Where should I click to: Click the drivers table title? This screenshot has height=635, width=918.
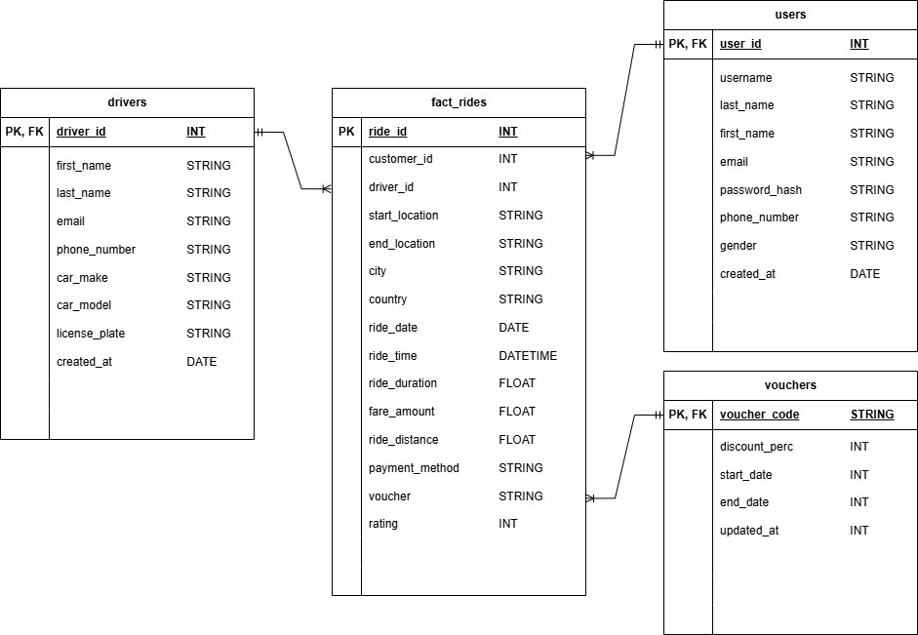[x=127, y=102]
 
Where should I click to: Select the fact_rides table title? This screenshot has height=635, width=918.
[x=459, y=102]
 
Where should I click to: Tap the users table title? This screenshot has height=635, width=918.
[x=790, y=15]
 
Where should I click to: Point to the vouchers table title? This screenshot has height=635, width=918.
[x=790, y=385]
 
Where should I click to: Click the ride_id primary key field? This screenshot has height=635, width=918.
[x=388, y=132]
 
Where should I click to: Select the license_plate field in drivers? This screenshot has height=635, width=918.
[x=91, y=334]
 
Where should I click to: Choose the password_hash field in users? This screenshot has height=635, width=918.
[x=761, y=190]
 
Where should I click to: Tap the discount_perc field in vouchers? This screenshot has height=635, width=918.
[x=756, y=447]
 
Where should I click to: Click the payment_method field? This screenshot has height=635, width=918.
[x=414, y=468]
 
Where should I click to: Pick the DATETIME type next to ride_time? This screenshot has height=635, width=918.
[x=528, y=356]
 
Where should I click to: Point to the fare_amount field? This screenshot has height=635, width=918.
[x=402, y=412]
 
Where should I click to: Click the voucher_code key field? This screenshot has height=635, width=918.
[x=759, y=415]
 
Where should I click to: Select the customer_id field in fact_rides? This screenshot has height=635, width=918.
[x=400, y=159]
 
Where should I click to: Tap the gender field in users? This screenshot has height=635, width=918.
[x=738, y=246]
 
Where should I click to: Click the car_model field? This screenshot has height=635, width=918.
[x=84, y=305]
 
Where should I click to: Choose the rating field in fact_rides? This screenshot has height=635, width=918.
[x=383, y=524]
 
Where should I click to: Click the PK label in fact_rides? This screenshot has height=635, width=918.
[x=346, y=132]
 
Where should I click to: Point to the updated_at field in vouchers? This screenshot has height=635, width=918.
[x=749, y=531]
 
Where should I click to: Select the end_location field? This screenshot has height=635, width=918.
[x=402, y=244]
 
